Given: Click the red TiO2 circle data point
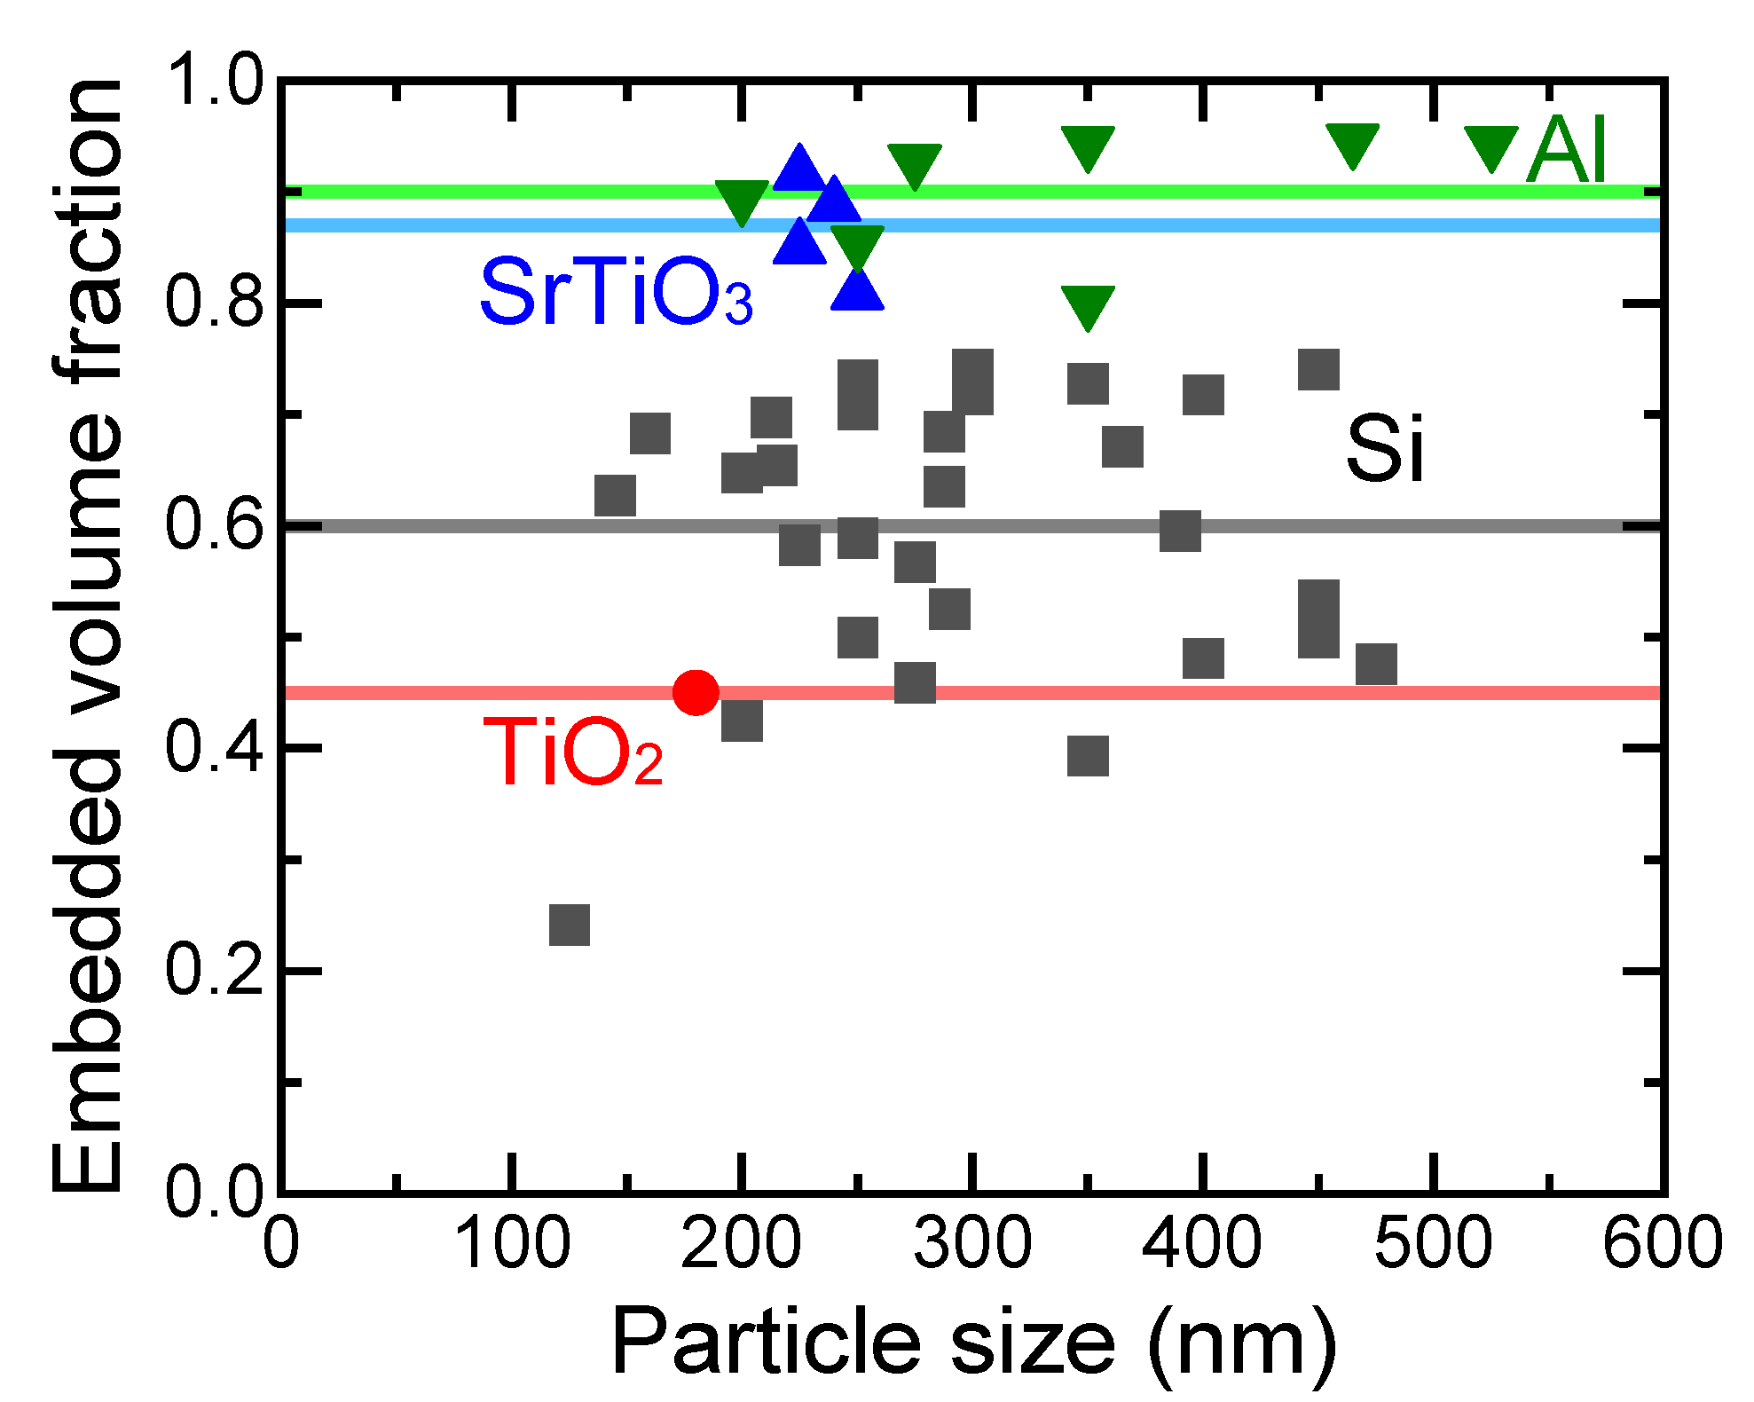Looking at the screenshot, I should click(x=696, y=692).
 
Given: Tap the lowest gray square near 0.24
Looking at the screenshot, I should click(x=570, y=925).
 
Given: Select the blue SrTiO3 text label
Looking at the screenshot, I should click(x=616, y=293).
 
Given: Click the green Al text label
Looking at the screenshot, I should click(x=1567, y=151).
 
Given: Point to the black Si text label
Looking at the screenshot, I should click(x=1384, y=449).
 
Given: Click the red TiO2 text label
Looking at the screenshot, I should click(x=573, y=754).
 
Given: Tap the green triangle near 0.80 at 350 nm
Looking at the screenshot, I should click(x=1088, y=306).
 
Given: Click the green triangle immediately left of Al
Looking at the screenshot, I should click(x=1491, y=147).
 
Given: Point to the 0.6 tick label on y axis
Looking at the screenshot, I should click(x=215, y=525).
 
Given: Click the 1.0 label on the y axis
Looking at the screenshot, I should click(x=215, y=80).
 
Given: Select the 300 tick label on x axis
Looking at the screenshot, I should click(x=972, y=1243).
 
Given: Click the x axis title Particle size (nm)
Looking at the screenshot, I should click(x=972, y=1343).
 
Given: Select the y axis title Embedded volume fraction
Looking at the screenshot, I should click(x=86, y=635).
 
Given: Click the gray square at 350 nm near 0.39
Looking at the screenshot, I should click(x=1088, y=756).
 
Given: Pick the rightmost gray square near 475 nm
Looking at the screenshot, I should click(x=1376, y=664).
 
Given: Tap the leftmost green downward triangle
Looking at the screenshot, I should click(x=742, y=201).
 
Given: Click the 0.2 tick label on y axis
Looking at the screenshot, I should click(x=215, y=970).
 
